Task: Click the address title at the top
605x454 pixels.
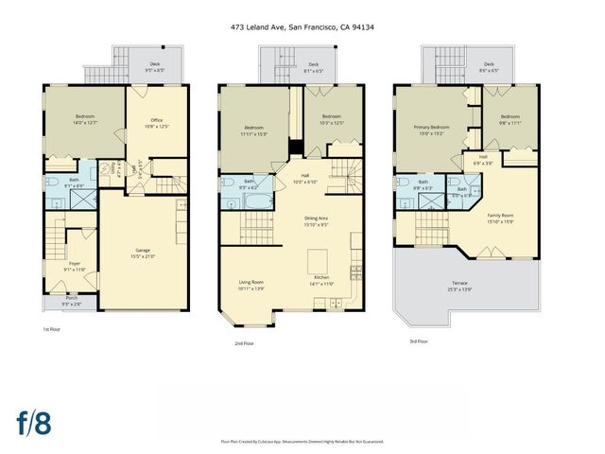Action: pyautogui.click(x=302, y=27)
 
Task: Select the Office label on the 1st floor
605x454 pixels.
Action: pyautogui.click(x=157, y=123)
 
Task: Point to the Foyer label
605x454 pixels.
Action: pyautogui.click(x=74, y=267)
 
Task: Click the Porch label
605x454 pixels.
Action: pyautogui.click(x=72, y=302)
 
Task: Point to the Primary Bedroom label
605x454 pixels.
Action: pyautogui.click(x=431, y=130)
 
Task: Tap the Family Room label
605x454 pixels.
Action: pyautogui.click(x=500, y=218)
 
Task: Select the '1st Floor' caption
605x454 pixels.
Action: pyautogui.click(x=52, y=329)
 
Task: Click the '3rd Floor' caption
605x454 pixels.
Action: pyautogui.click(x=418, y=340)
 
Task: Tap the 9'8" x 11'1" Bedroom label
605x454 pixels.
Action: pyautogui.click(x=511, y=119)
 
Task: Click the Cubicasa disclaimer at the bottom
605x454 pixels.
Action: pyautogui.click(x=302, y=441)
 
